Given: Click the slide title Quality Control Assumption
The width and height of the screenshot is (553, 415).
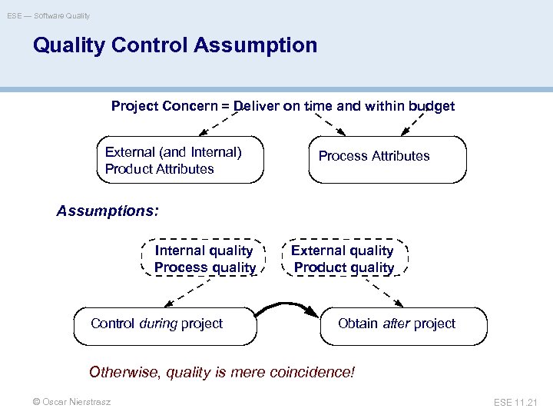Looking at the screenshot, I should click(174, 45).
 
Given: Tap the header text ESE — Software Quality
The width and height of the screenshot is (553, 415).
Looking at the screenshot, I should click(48, 15).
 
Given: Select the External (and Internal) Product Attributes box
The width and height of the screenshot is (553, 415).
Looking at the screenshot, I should click(180, 160).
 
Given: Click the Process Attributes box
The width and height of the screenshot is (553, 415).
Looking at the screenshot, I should click(387, 159).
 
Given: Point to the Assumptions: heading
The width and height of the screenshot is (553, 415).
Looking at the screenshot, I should click(108, 211).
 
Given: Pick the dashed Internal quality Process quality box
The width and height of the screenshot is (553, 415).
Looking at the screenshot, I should click(204, 258).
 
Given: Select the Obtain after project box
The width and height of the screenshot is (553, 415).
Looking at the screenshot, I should click(403, 325).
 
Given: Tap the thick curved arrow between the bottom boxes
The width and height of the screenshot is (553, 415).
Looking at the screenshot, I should click(286, 307).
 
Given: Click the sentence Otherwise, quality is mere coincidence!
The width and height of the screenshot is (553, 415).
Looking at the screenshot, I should click(222, 373).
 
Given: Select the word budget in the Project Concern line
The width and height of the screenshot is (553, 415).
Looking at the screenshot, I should click(431, 106).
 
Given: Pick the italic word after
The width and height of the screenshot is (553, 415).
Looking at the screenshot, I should click(396, 324).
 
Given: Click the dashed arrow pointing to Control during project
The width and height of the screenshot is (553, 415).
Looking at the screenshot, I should click(171, 292).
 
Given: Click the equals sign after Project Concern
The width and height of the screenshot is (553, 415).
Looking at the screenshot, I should click(226, 106).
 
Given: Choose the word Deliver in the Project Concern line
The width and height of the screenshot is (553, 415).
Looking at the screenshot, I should click(257, 106).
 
